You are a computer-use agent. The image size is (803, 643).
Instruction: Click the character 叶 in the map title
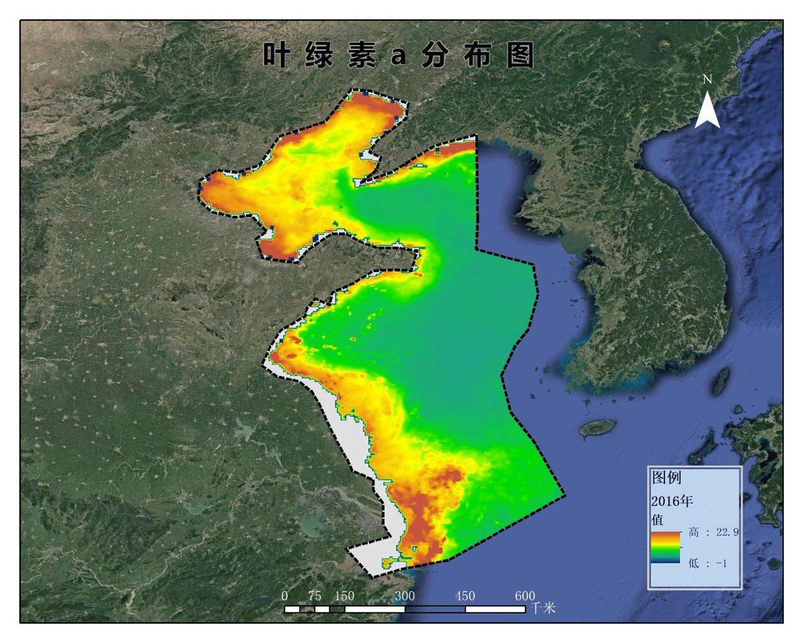point(277,55)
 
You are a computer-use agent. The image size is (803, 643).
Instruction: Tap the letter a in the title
point(399,56)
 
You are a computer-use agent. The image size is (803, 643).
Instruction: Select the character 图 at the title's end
point(520,55)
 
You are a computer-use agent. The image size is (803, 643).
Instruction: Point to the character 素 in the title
point(361,55)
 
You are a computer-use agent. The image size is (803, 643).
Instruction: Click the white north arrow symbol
point(707,110)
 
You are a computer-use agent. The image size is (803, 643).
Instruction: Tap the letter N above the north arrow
point(707,79)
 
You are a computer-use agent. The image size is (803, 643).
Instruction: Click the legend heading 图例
point(666,477)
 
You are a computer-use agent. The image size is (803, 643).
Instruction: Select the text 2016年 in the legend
point(672,501)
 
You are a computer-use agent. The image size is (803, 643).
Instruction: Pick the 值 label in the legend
point(658,519)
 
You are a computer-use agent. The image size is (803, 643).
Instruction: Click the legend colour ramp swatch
point(665,548)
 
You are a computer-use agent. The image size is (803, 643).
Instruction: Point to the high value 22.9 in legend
point(727,532)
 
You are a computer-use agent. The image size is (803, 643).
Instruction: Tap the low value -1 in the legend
point(722,564)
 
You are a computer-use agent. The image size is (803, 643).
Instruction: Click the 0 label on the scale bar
point(285,596)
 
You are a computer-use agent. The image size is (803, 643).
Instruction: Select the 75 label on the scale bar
point(315,596)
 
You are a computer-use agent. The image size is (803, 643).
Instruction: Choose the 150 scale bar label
point(344,596)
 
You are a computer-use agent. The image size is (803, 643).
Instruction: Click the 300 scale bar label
point(404,596)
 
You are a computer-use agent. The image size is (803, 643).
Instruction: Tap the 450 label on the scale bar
point(465,596)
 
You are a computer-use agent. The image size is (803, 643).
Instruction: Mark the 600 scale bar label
point(525,596)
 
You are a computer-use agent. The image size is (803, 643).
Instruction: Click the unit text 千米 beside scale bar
point(543,608)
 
